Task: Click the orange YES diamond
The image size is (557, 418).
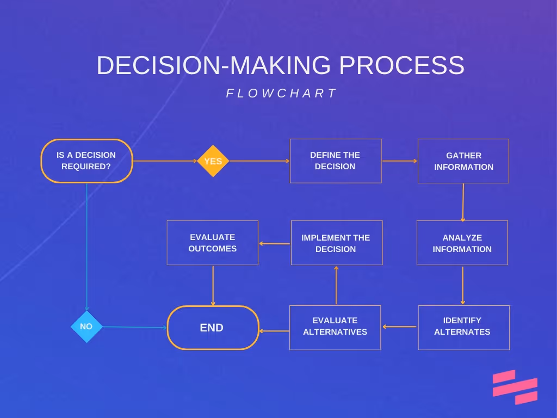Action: point(213,161)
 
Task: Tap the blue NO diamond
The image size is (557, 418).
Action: point(86,327)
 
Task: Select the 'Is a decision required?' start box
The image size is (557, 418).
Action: point(86,161)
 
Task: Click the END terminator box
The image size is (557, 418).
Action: point(213,328)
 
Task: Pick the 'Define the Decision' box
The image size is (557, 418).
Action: point(335,161)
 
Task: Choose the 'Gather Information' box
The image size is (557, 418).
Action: point(463,161)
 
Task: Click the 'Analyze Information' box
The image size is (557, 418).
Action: point(462,243)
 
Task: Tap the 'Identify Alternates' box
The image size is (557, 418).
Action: point(463,327)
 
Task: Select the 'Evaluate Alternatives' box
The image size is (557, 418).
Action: point(335,327)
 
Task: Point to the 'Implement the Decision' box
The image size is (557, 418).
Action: point(336,243)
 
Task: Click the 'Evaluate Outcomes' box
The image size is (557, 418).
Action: point(212,243)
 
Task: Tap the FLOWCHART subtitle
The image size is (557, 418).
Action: point(282,93)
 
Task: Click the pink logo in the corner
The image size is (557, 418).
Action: point(515,387)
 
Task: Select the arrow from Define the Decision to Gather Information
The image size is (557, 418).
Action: point(399,161)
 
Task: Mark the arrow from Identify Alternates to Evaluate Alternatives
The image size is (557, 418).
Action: point(399,327)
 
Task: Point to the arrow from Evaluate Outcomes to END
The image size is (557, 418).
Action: point(213,285)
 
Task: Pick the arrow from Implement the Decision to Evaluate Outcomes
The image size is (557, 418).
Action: point(275,243)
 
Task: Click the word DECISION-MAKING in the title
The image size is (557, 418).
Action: point(213,66)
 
